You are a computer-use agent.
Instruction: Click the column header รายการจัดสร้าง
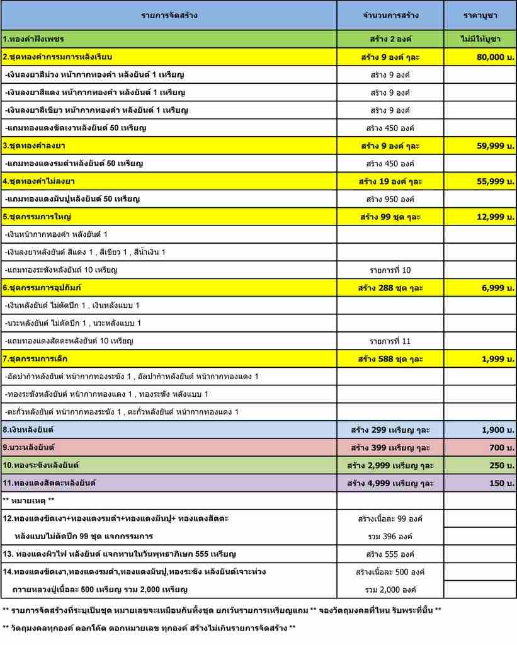click(x=169, y=15)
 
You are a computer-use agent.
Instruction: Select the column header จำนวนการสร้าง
click(x=390, y=15)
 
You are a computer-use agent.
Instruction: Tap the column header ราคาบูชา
click(x=480, y=15)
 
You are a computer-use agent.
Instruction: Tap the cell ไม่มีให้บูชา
click(x=480, y=39)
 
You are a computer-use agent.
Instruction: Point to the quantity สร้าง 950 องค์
click(x=390, y=199)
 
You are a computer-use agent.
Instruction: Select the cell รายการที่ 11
click(x=390, y=341)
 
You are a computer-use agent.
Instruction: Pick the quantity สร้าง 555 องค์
click(x=390, y=554)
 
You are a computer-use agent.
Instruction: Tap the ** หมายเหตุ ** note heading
click(x=29, y=500)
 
